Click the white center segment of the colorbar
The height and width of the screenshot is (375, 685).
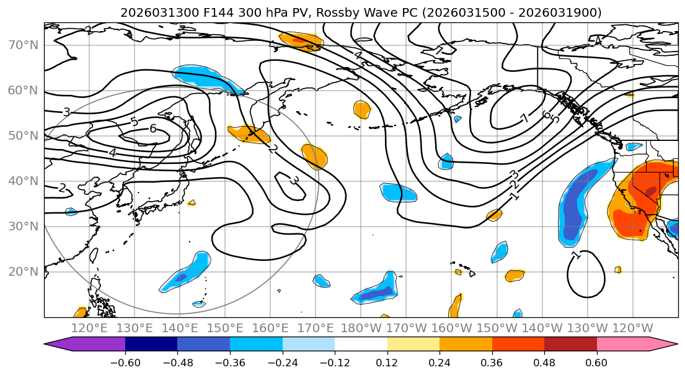click(361, 345)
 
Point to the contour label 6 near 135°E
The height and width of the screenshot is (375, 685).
click(152, 129)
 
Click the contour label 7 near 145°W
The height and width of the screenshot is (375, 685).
click(524, 118)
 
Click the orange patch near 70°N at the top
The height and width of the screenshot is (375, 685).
click(301, 41)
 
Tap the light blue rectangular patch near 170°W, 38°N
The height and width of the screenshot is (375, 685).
click(399, 192)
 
